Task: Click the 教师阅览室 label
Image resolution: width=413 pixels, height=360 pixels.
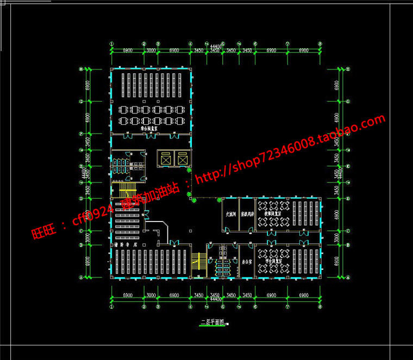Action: [273, 214]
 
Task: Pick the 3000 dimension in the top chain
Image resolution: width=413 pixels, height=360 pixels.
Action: [152, 50]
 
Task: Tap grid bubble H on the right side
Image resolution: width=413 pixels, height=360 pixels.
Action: [348, 70]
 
